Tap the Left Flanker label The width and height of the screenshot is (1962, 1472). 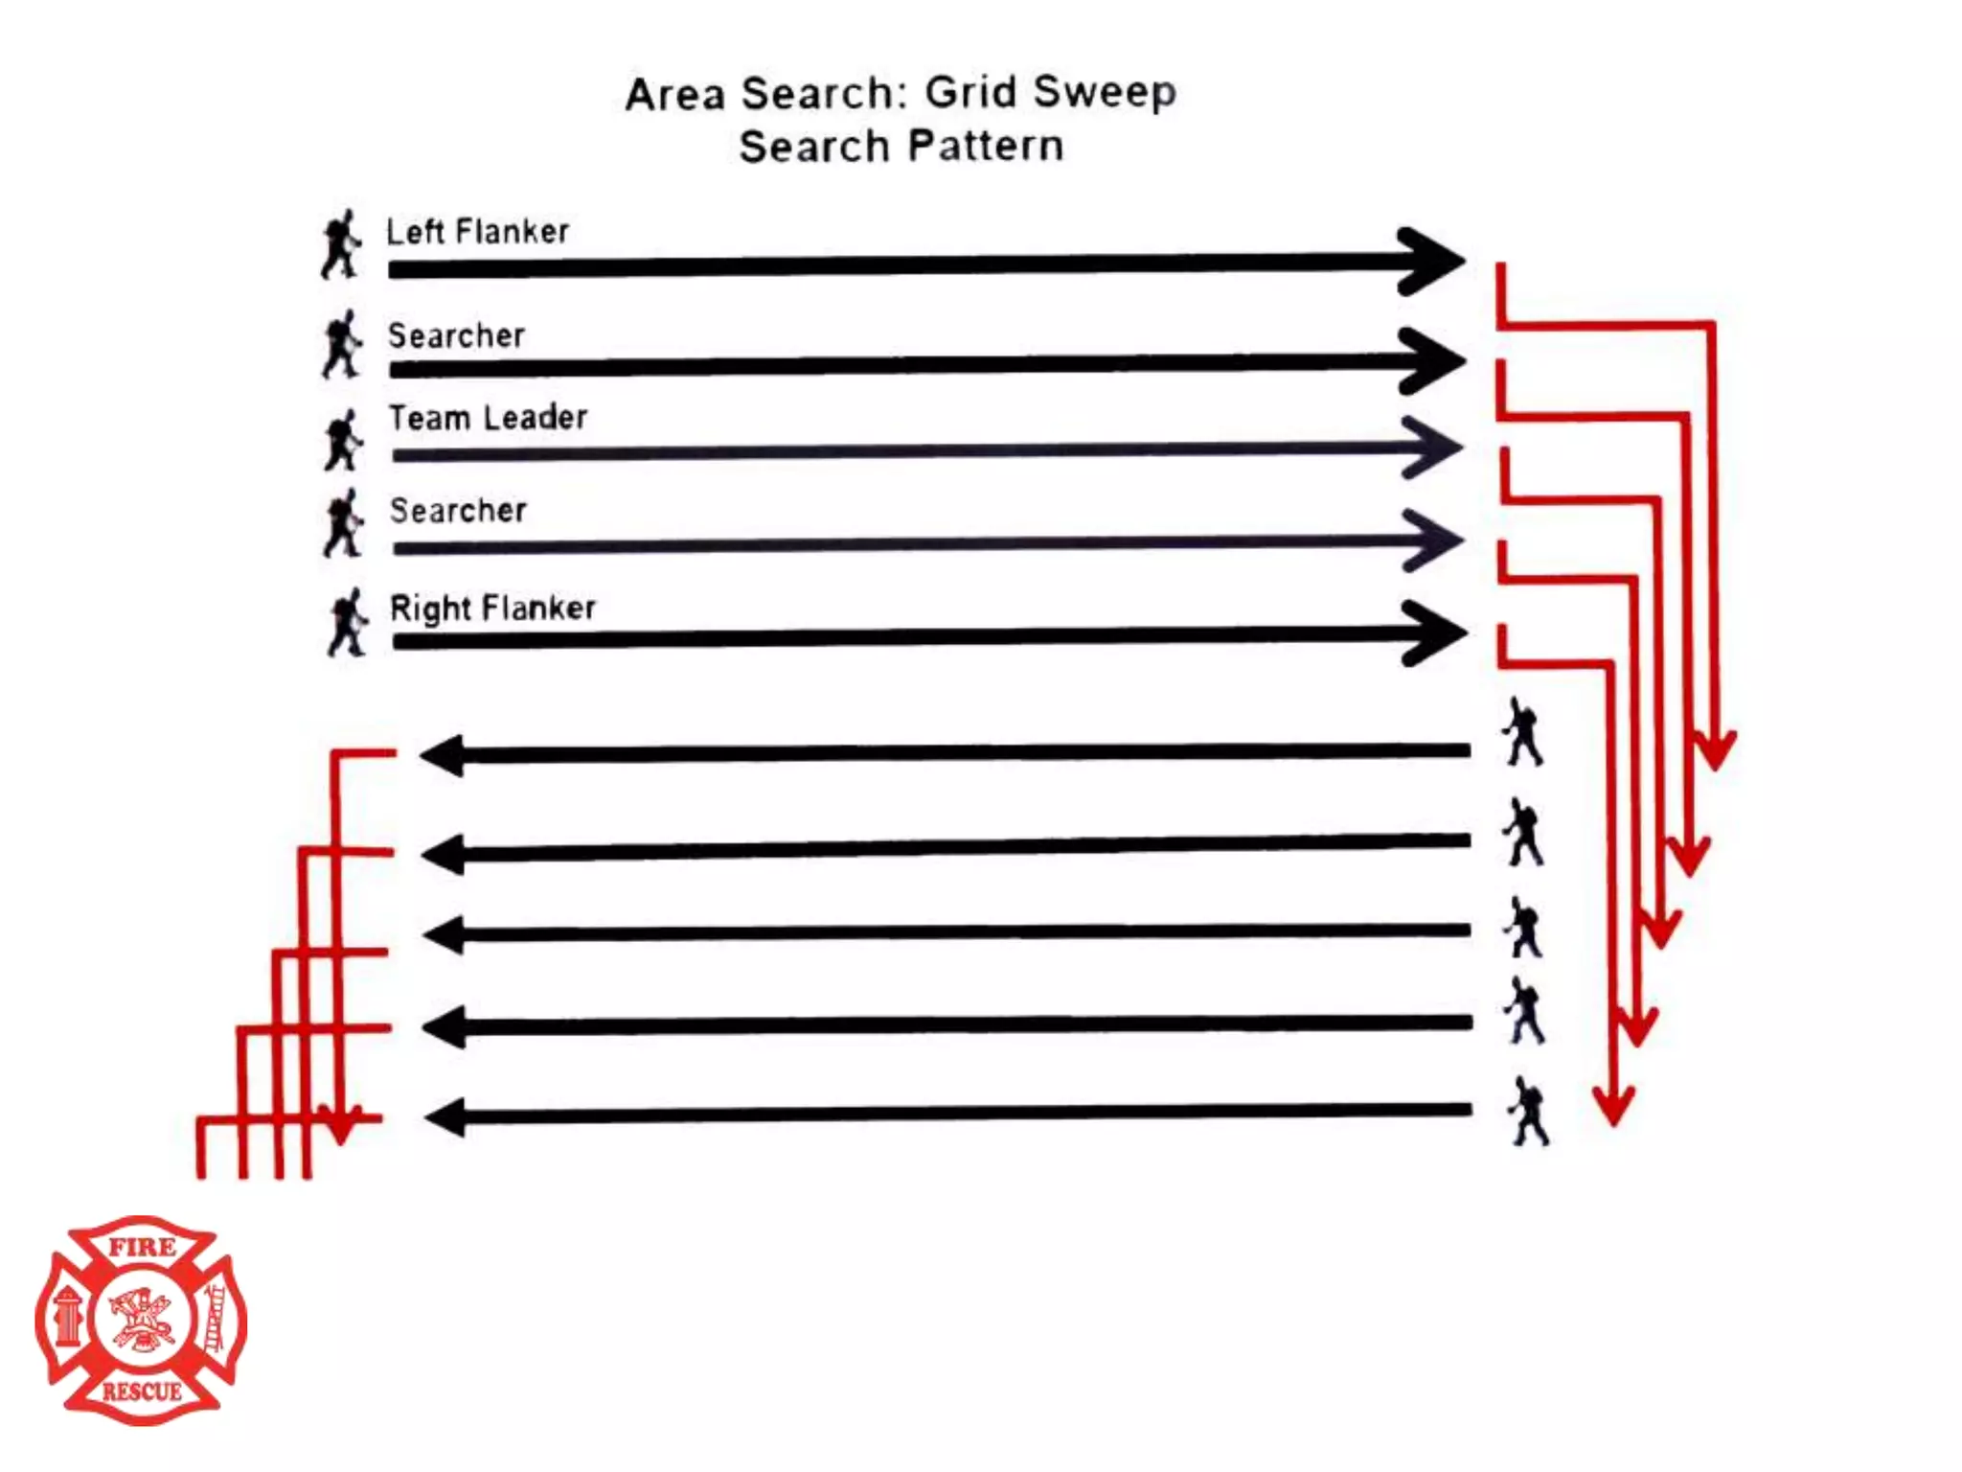click(477, 232)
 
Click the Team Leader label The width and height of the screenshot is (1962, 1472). click(488, 418)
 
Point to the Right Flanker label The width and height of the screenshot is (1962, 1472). click(492, 608)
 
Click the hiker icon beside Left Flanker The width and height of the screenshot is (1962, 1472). click(341, 244)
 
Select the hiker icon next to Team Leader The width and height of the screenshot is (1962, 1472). click(343, 441)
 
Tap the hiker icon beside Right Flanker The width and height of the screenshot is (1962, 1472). click(347, 623)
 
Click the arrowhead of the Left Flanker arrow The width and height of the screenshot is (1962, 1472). click(1432, 261)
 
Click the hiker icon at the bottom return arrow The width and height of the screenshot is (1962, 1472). click(1528, 1112)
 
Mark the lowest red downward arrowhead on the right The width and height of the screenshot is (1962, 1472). click(1614, 1107)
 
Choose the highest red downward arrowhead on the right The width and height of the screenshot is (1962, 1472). click(1715, 752)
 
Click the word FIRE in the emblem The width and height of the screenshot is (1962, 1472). click(142, 1248)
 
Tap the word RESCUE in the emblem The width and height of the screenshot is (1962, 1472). click(142, 1391)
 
